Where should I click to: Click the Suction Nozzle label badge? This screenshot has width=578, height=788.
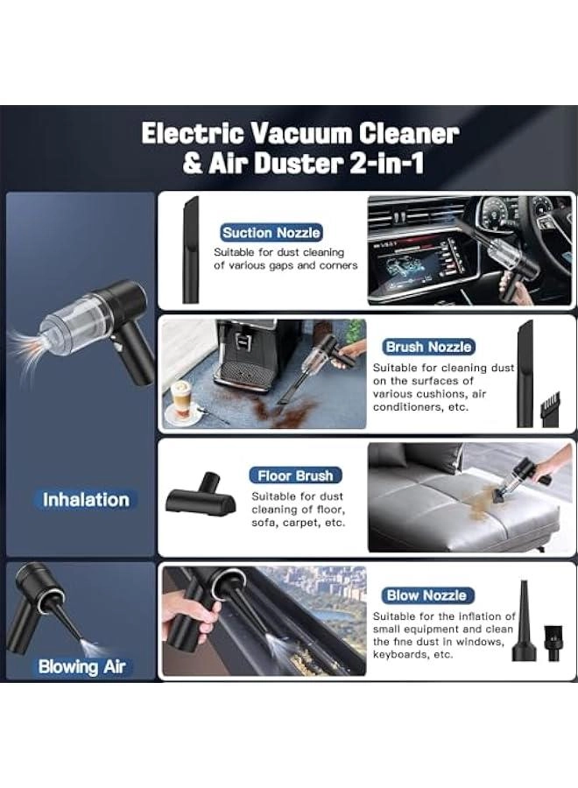(x=271, y=233)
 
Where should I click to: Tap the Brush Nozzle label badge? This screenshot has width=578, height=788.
(x=428, y=347)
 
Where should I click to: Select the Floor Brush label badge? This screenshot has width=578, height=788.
(x=295, y=475)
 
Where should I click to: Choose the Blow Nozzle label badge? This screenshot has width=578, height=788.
(x=426, y=595)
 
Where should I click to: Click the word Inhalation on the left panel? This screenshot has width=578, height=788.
(x=86, y=500)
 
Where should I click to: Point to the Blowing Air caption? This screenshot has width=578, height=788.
(x=81, y=666)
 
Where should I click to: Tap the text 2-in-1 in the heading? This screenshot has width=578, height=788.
(x=386, y=164)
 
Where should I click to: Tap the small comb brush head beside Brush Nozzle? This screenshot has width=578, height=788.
(x=549, y=409)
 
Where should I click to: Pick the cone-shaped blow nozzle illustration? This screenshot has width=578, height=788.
(x=524, y=621)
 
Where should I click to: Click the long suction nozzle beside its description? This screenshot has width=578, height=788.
(x=190, y=250)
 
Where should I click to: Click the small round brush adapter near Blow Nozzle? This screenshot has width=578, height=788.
(x=553, y=644)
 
